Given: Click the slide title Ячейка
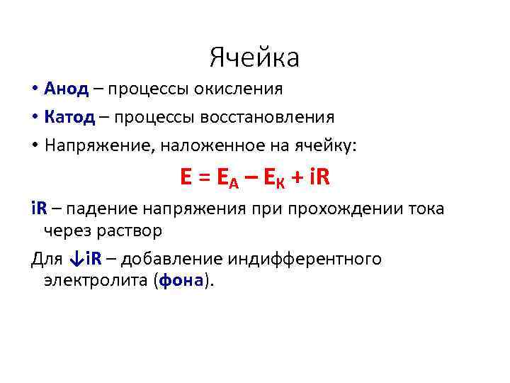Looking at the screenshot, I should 255,57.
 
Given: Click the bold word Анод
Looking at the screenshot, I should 66,89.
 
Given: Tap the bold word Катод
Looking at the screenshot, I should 69,116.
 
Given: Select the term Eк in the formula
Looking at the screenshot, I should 275,178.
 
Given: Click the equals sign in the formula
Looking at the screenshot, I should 203,177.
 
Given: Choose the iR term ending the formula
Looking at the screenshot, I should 319,177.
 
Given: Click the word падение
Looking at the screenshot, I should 101,209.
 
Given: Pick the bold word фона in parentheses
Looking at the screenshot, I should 182,280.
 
